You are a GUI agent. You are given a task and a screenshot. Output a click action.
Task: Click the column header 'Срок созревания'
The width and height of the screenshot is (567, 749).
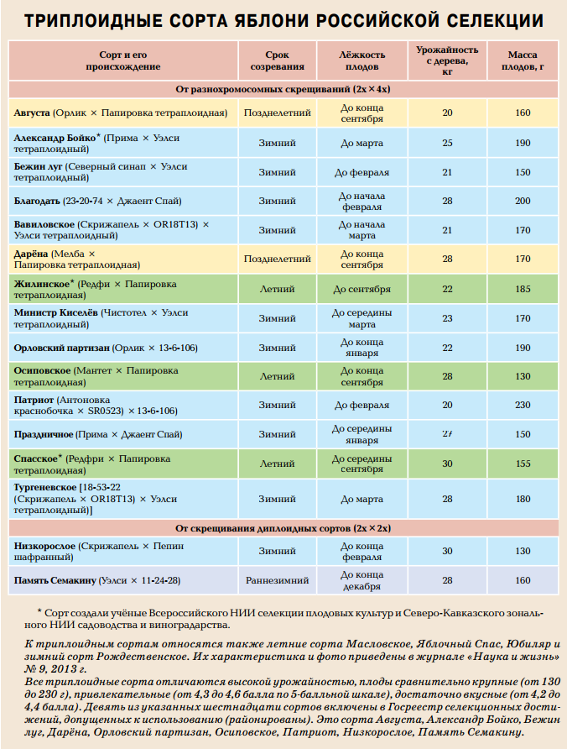(276, 59)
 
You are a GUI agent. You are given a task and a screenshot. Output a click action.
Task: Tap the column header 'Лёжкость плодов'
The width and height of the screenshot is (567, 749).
(362, 59)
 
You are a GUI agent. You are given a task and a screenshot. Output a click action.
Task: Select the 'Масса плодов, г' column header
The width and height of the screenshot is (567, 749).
(523, 59)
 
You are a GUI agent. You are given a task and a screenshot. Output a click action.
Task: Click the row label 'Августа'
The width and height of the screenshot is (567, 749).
(32, 113)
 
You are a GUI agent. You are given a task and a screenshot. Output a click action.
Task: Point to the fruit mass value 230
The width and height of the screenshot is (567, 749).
(523, 405)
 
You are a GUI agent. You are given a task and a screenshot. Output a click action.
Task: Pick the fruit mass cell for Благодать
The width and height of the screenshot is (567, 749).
(523, 202)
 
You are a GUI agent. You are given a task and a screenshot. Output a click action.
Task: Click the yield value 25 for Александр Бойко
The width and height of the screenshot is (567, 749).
(447, 143)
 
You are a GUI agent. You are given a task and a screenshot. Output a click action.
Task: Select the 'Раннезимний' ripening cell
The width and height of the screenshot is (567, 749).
(276, 580)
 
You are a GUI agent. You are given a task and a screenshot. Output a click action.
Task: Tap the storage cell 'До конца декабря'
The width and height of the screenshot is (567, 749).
(362, 580)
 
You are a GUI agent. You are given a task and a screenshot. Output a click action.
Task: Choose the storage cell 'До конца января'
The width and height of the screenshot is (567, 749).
(362, 348)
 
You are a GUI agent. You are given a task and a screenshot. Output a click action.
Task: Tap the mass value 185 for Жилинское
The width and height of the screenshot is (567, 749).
(523, 290)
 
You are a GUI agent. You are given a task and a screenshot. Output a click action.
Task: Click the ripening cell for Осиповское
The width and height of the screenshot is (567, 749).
(276, 376)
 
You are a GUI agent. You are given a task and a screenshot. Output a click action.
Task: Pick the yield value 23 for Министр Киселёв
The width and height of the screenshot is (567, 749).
(447, 318)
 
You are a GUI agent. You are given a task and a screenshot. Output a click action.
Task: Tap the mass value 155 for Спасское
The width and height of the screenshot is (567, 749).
(523, 464)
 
